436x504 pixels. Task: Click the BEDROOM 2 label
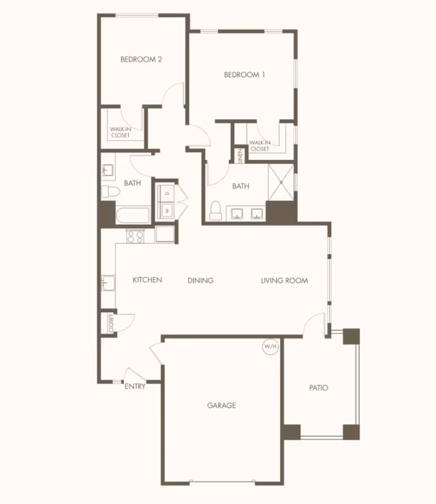click(x=141, y=59)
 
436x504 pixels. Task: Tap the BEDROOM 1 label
click(x=245, y=75)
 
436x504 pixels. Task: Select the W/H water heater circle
click(x=270, y=347)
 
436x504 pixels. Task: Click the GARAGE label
click(x=221, y=405)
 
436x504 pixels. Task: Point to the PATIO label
click(x=318, y=388)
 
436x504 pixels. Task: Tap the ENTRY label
click(x=135, y=386)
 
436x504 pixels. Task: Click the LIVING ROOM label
click(x=284, y=280)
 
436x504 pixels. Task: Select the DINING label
click(x=200, y=280)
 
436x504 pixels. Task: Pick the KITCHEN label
click(x=147, y=279)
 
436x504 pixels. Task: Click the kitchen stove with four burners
click(x=135, y=237)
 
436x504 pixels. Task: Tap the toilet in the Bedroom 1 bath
click(x=216, y=210)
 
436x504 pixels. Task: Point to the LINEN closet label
click(x=240, y=155)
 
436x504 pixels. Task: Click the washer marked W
click(x=166, y=211)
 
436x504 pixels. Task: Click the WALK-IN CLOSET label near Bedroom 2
click(x=121, y=132)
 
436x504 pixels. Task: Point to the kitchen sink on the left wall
click(x=108, y=281)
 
